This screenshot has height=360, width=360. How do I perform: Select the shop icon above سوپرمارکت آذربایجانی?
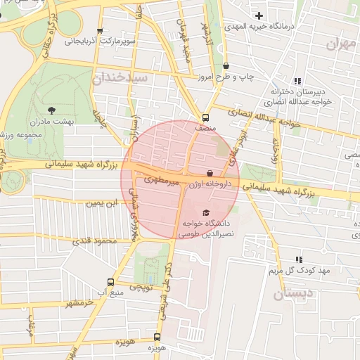point(100,31)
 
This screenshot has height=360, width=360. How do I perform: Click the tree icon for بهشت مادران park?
point(51,110)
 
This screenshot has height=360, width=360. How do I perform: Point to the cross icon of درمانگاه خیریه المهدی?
point(259,15)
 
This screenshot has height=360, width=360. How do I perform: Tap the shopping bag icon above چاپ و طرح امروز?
point(226,66)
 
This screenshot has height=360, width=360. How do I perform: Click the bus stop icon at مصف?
point(205,117)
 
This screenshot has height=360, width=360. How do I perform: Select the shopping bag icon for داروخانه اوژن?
point(210,173)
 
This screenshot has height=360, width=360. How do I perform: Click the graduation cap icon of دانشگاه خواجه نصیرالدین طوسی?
point(205,213)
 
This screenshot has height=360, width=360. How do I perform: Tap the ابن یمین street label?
point(98,203)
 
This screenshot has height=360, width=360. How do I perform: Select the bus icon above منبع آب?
point(110,280)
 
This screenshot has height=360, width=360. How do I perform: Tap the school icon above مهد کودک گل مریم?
point(299,259)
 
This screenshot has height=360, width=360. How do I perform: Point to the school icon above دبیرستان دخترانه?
point(297,81)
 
